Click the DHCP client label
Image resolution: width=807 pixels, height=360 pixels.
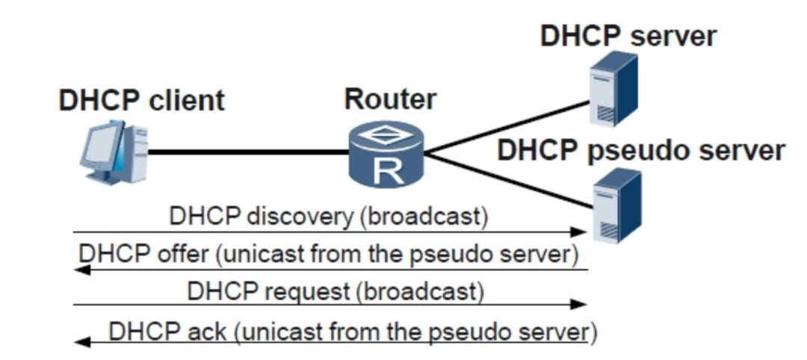[141, 100]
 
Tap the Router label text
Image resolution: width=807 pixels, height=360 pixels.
[390, 99]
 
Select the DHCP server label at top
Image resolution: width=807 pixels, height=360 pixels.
[628, 36]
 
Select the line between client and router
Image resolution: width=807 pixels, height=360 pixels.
[247, 153]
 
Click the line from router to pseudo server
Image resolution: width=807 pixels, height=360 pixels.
[508, 180]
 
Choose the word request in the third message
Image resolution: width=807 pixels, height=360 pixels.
[311, 291]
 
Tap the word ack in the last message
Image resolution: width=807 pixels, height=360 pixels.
[210, 329]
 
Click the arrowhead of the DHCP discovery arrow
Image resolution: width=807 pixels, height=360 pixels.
[578, 232]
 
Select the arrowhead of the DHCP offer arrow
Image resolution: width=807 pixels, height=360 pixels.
[83, 269]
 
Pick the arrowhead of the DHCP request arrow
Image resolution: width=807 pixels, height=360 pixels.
[578, 305]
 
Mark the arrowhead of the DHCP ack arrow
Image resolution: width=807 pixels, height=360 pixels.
[83, 342]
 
